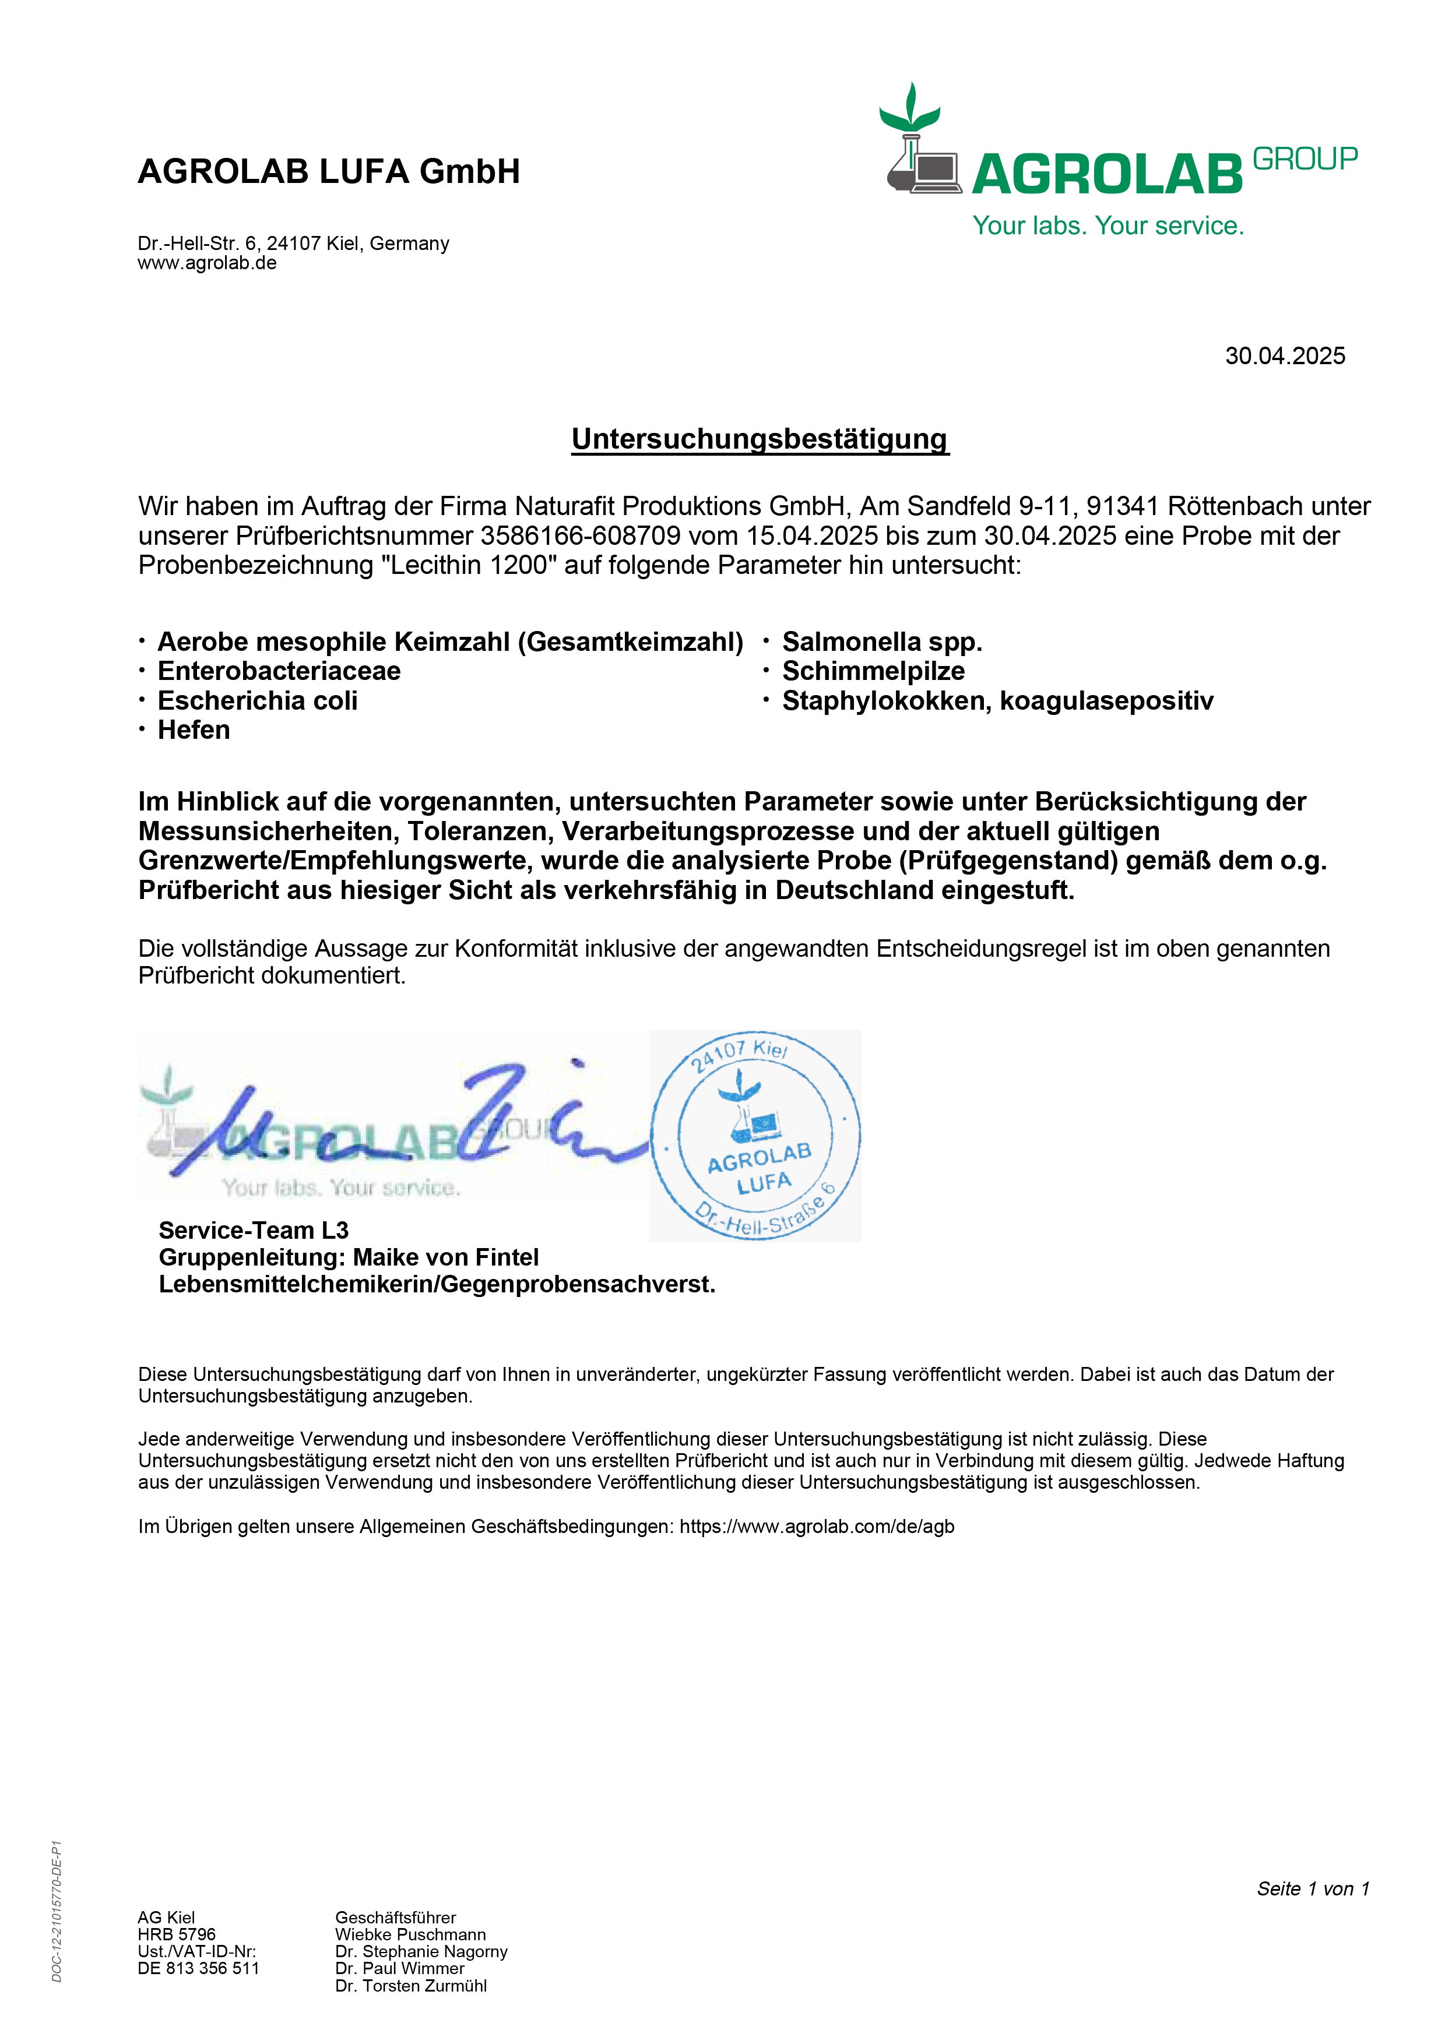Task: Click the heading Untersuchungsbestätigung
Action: pyautogui.click(x=760, y=439)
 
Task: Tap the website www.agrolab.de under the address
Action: pyautogui.click(x=206, y=263)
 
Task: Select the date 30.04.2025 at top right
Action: pyautogui.click(x=1285, y=356)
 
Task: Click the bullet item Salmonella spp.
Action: pyautogui.click(x=881, y=642)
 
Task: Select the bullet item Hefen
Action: pyautogui.click(x=193, y=730)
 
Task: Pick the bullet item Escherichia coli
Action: pyautogui.click(x=257, y=700)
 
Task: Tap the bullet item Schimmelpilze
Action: pyautogui.click(x=873, y=671)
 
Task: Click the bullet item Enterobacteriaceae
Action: pyautogui.click(x=279, y=671)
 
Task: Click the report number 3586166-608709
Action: pyautogui.click(x=581, y=536)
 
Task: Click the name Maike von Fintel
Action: pyautogui.click(x=445, y=1257)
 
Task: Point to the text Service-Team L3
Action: pyautogui.click(x=254, y=1231)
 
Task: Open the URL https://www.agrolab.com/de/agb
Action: pyautogui.click(x=817, y=1527)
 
